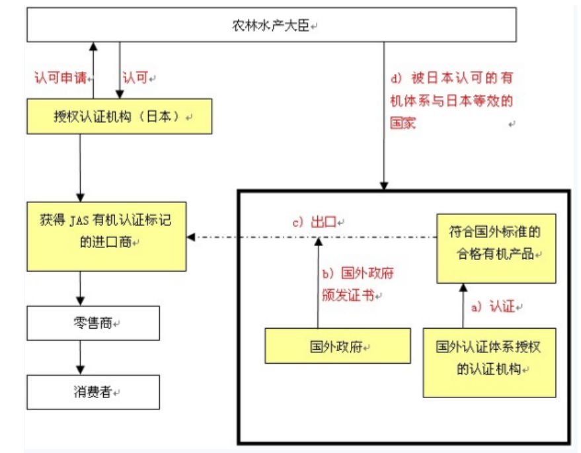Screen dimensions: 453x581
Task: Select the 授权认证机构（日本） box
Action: tap(120, 116)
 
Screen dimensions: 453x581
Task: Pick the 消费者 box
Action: tap(93, 392)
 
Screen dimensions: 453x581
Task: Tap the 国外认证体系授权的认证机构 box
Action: tap(489, 358)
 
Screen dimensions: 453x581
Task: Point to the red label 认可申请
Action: tap(60, 77)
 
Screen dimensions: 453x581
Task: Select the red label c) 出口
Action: tap(317, 222)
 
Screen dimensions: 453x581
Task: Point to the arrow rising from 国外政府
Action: tap(318, 284)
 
